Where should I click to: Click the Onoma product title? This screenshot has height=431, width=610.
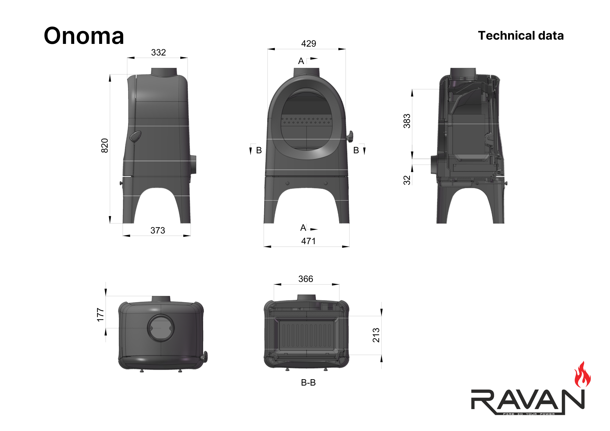pyautogui.click(x=84, y=36)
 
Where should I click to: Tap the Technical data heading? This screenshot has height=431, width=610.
pyautogui.click(x=521, y=36)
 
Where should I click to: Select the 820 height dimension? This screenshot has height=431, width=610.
pyautogui.click(x=105, y=146)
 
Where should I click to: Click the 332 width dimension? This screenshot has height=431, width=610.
pyautogui.click(x=159, y=52)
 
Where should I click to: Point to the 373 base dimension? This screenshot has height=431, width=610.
pyautogui.click(x=158, y=230)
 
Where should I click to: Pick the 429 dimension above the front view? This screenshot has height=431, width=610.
pyautogui.click(x=309, y=44)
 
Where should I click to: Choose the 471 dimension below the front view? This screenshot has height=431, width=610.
pyautogui.click(x=308, y=241)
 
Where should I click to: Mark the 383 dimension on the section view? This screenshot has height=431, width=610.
pyautogui.click(x=407, y=121)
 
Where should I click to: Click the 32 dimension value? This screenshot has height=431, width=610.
pyautogui.click(x=407, y=180)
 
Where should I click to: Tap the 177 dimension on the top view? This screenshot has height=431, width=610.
pyautogui.click(x=100, y=315)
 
